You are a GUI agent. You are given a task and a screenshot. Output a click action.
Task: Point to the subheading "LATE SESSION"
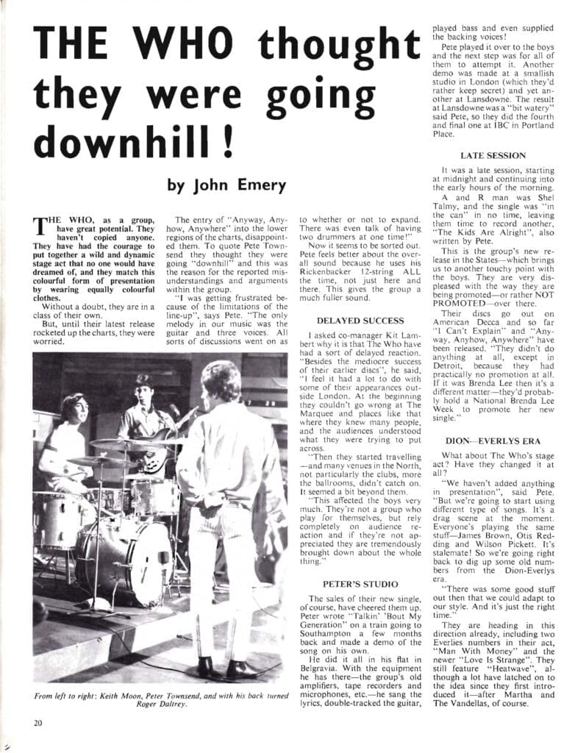pos(493,156)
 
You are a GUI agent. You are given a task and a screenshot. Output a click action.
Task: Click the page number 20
pos(37,722)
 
